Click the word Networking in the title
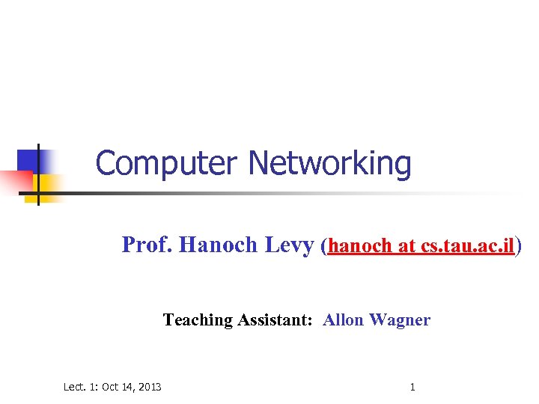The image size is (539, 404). click(x=329, y=163)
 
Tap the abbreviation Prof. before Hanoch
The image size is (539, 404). click(x=147, y=245)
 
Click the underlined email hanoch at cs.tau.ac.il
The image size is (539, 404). click(x=421, y=246)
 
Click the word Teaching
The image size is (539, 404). click(x=198, y=320)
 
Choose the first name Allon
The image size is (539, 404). click(x=343, y=320)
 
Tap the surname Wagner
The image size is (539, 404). click(x=400, y=320)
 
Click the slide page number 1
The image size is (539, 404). click(x=412, y=387)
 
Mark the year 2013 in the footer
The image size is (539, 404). click(x=149, y=387)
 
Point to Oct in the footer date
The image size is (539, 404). click(x=109, y=387)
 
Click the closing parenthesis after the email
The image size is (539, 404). click(x=519, y=246)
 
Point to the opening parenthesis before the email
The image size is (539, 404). click(x=323, y=246)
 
